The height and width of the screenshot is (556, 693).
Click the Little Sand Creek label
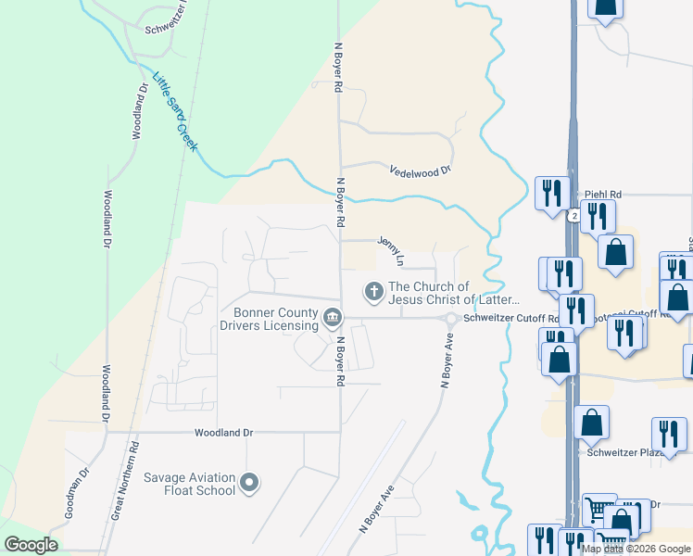pos(175,112)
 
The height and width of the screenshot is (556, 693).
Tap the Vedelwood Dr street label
pos(420,171)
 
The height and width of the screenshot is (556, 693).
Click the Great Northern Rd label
pos(127,479)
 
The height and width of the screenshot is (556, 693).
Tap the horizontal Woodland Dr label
pos(223,433)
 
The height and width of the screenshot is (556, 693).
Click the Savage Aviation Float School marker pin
pos(248,483)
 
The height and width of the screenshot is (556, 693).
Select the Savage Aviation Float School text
pos(189,484)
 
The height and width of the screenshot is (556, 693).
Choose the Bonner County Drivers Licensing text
pos(270,319)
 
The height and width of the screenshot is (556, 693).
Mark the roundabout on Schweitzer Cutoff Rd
pos(451,320)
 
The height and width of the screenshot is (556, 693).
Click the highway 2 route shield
pos(574,215)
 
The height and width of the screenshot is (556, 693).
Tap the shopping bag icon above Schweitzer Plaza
pos(591,423)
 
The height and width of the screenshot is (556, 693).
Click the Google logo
pos(31,545)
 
